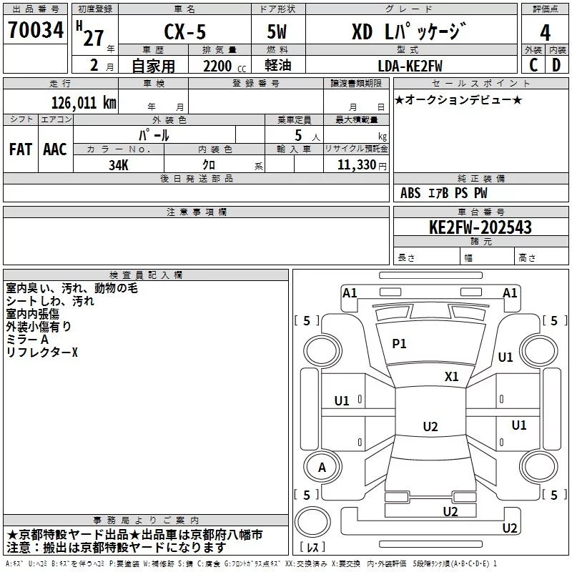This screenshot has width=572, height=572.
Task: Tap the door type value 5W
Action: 277,32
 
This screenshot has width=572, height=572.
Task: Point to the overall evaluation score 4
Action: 545,32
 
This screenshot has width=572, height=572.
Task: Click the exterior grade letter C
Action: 533,64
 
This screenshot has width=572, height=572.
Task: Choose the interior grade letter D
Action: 556,64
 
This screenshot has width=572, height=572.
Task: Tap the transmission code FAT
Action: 20,149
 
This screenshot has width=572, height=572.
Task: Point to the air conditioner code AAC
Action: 54,149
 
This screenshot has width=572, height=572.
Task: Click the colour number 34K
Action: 118,164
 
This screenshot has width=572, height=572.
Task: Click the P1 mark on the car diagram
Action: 399,344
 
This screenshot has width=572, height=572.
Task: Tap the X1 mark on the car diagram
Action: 451,376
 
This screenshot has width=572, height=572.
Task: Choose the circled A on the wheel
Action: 322,468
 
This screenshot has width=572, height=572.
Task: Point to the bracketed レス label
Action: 312,548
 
